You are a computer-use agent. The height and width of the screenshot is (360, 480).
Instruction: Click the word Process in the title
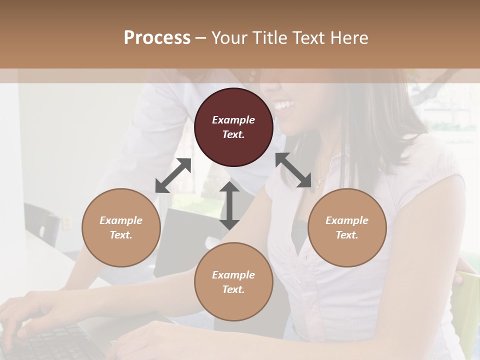(x=157, y=38)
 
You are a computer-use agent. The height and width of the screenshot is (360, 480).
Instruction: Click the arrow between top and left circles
(x=173, y=175)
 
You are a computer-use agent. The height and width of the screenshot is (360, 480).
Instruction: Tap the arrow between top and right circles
(x=293, y=170)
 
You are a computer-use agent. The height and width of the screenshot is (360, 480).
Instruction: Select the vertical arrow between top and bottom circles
(x=229, y=205)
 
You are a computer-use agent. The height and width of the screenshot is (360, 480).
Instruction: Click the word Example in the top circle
(x=233, y=120)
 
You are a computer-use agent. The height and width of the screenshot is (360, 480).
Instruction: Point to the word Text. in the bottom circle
(x=233, y=289)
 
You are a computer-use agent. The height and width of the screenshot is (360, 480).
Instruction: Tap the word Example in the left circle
(x=121, y=220)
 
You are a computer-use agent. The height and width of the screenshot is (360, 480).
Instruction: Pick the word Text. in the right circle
(x=347, y=235)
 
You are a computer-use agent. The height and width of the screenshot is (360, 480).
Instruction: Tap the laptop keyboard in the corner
(x=55, y=345)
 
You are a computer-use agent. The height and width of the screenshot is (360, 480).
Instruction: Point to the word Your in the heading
(x=229, y=38)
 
